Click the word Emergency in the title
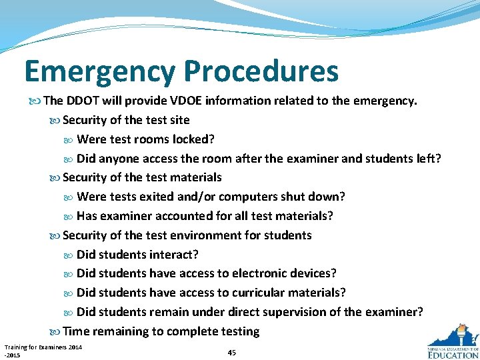click(x=99, y=71)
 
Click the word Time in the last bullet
click(x=76, y=331)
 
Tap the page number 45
click(x=231, y=352)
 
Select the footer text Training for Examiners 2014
click(x=43, y=347)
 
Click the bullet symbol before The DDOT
click(x=36, y=101)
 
